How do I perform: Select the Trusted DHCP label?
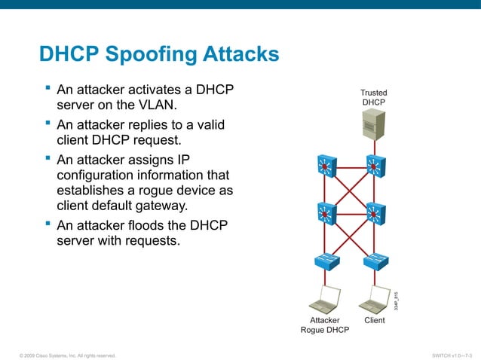(x=374, y=97)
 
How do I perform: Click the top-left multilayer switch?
(x=326, y=166)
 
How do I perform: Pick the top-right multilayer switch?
(x=375, y=166)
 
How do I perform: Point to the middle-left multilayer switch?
(x=326, y=214)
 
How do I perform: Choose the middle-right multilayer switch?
(x=375, y=214)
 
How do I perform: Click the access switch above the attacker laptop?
(x=326, y=261)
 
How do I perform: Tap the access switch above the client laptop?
(x=375, y=261)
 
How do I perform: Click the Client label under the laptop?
(x=374, y=320)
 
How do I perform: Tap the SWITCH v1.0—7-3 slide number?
(x=452, y=354)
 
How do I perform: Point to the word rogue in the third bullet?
(x=151, y=190)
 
